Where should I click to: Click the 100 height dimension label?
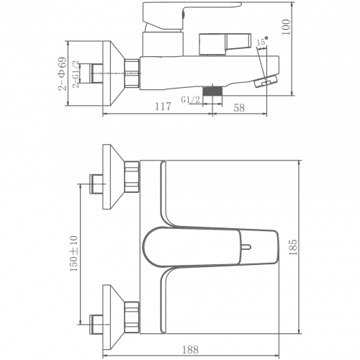(x=286, y=27)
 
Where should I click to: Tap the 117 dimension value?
(x=163, y=107)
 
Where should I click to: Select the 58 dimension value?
(x=239, y=108)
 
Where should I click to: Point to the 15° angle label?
(x=262, y=41)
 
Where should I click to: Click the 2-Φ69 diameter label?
(x=62, y=73)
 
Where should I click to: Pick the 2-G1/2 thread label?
(x=76, y=74)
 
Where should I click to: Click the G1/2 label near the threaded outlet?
(x=190, y=99)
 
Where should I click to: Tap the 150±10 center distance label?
(x=74, y=253)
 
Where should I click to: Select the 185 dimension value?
(x=293, y=247)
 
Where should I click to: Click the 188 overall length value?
(x=190, y=350)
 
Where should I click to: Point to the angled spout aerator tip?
(x=266, y=81)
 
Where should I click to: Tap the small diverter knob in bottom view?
(x=246, y=247)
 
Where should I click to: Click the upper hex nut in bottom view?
(x=132, y=176)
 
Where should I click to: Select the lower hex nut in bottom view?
(x=132, y=318)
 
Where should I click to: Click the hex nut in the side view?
(x=132, y=73)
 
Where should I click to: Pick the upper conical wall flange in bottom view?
(x=114, y=176)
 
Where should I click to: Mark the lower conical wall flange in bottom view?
(x=114, y=318)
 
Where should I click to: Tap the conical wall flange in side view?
(x=114, y=73)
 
